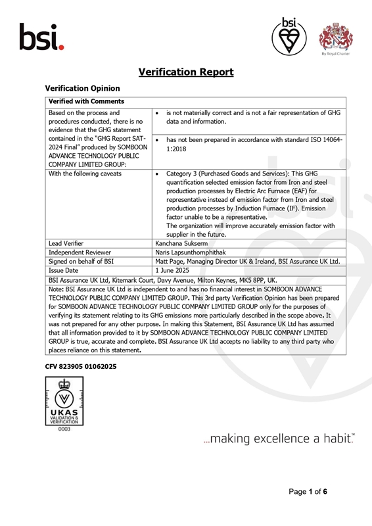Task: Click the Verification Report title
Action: tap(186, 72)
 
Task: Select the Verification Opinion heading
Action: tap(82, 88)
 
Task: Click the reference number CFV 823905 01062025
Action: tap(81, 366)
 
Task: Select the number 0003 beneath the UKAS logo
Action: tap(64, 429)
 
